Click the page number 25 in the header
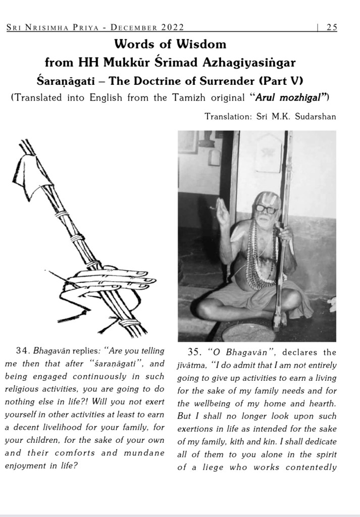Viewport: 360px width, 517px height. click(x=332, y=27)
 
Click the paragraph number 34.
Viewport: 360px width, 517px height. click(x=23, y=351)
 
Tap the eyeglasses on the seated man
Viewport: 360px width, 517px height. click(x=266, y=209)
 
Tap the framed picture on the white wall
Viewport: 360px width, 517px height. click(x=268, y=154)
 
